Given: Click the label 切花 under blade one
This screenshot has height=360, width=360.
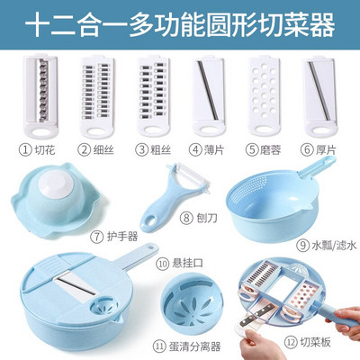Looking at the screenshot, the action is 45,149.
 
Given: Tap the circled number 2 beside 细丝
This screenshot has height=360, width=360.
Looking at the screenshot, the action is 85,149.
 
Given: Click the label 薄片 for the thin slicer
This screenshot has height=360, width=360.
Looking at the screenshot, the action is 214,149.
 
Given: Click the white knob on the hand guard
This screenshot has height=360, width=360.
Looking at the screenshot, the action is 56,183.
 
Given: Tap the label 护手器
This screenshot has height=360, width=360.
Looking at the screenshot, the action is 122,237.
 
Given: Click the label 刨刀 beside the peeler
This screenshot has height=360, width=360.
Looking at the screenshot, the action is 207,218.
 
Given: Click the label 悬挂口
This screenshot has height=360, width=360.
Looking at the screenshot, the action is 188,264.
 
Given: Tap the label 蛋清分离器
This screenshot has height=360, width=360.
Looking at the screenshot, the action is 195,346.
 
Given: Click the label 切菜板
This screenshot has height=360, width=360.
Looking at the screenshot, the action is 315,343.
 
